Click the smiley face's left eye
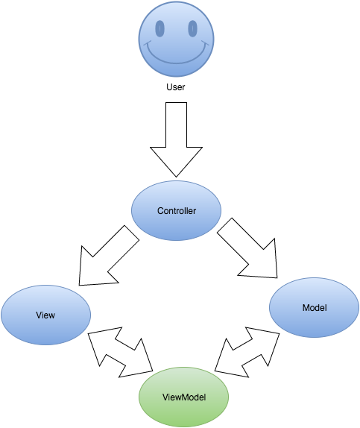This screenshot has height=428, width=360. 160,28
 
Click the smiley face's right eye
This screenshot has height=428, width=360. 193,28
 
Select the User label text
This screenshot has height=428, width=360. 176,87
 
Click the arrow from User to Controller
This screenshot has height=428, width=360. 177,139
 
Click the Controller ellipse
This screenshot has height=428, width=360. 177,211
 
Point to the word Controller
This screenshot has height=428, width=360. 177,211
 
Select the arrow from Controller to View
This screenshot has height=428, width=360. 109,256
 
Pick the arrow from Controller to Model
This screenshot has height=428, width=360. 247,248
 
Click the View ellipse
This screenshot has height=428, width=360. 46,315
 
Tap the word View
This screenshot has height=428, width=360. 45,315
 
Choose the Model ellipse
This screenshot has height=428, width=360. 314,308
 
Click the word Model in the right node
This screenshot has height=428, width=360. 315,308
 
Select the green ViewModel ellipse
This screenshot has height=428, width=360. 183,397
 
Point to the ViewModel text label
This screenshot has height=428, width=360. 184,397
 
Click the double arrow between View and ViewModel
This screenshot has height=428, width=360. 120,352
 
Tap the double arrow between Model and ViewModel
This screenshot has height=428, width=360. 247,352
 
